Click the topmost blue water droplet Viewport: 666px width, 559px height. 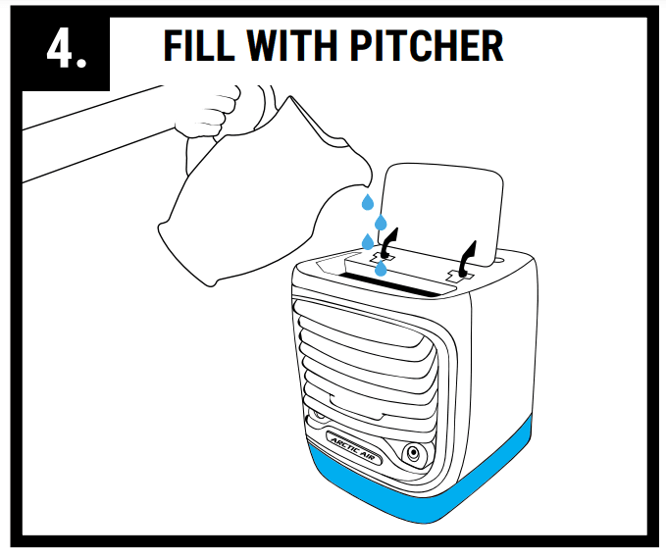pyautogui.click(x=367, y=202)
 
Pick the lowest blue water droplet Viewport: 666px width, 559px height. pyautogui.click(x=381, y=267)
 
